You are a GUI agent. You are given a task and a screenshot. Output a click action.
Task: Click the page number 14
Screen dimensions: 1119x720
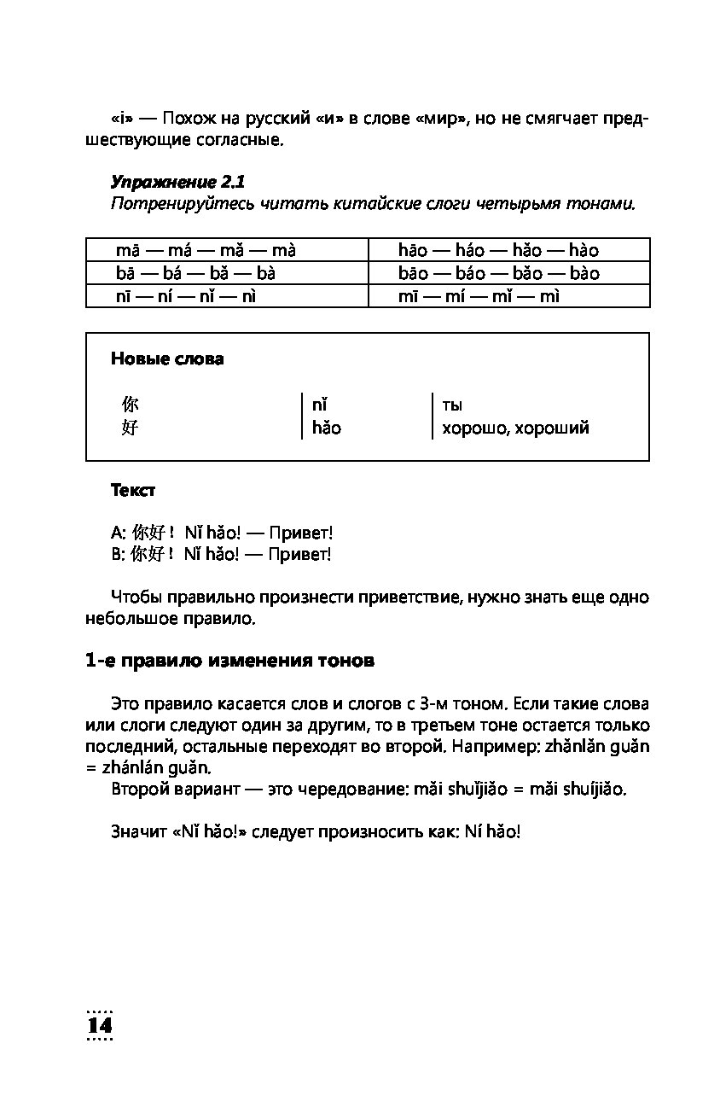pyautogui.click(x=100, y=1025)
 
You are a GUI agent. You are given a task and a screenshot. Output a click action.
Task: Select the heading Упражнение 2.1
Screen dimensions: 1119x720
pyautogui.click(x=177, y=182)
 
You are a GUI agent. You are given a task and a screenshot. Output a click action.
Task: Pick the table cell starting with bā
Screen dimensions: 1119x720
pyautogui.click(x=195, y=273)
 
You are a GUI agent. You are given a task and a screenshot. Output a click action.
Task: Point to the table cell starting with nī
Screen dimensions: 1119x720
pyautogui.click(x=186, y=296)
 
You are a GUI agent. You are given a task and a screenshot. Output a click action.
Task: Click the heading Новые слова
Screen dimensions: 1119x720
pyautogui.click(x=167, y=359)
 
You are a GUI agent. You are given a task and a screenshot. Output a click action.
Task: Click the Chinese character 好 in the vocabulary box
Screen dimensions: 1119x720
pyautogui.click(x=130, y=428)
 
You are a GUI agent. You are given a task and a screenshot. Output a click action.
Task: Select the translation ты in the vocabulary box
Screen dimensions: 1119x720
pyautogui.click(x=452, y=405)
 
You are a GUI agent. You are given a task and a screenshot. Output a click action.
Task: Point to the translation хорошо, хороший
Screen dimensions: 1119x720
pyautogui.click(x=515, y=428)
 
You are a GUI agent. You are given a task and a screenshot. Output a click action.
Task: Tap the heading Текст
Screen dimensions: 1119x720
pyautogui.click(x=133, y=491)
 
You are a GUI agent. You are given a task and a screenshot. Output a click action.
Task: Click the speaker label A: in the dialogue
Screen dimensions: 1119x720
pyautogui.click(x=118, y=533)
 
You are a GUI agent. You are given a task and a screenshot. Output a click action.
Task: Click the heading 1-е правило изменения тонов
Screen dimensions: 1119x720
pyautogui.click(x=229, y=661)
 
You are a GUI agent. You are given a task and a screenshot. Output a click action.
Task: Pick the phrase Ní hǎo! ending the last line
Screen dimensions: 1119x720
pyautogui.click(x=492, y=831)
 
